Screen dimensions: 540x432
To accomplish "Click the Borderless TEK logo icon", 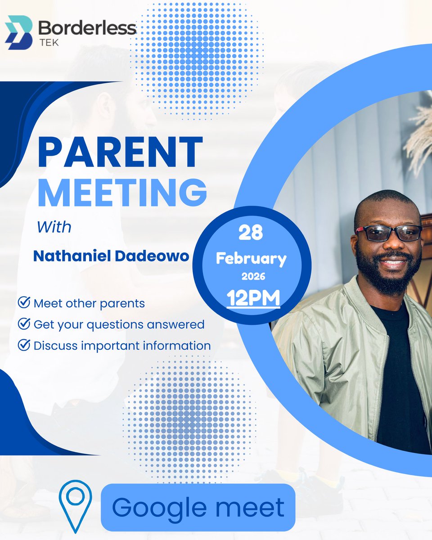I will pyautogui.click(x=19, y=32).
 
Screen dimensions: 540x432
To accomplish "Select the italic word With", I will pyautogui.click(x=54, y=226).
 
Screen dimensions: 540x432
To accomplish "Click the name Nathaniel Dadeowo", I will pyautogui.click(x=111, y=256).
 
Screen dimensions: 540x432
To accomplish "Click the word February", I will pyautogui.click(x=251, y=259).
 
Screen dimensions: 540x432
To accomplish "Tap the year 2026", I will pyautogui.click(x=253, y=277).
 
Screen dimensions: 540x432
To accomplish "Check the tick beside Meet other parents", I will pyautogui.click(x=23, y=302).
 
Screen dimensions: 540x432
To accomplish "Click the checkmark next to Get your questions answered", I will pyautogui.click(x=23, y=324).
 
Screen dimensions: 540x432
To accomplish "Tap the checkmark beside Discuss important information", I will pyautogui.click(x=23, y=345).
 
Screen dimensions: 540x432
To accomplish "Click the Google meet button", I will pyautogui.click(x=198, y=507).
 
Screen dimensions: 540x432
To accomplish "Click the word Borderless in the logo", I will pyautogui.click(x=87, y=28).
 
